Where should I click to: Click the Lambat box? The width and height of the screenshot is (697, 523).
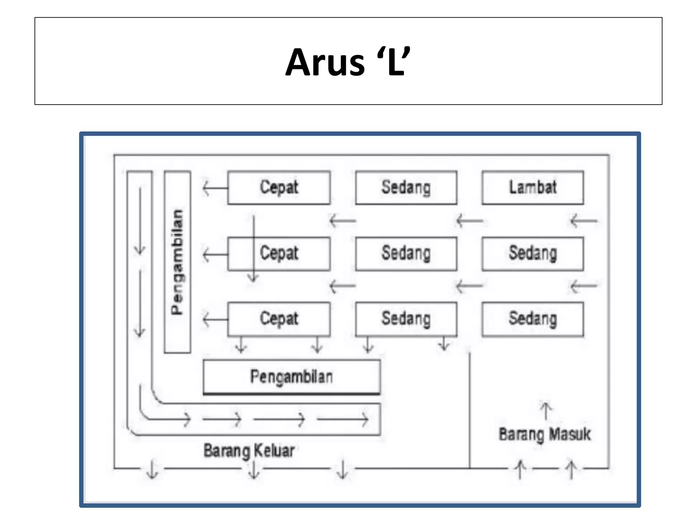point(533,188)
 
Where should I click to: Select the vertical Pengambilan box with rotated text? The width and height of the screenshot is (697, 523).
point(177,262)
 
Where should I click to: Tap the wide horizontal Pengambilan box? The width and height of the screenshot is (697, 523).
point(292,377)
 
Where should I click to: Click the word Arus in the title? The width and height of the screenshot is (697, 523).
point(325,63)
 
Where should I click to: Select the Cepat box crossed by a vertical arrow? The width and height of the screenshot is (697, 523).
point(279,254)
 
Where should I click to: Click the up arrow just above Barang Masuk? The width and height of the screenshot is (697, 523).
point(546,411)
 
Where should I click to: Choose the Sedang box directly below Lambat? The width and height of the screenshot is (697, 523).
point(533,254)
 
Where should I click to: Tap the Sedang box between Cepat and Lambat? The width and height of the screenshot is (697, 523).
point(406,188)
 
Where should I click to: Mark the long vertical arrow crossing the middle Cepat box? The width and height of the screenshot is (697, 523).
point(253,249)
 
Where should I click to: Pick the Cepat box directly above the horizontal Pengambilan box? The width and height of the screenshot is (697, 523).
point(279,319)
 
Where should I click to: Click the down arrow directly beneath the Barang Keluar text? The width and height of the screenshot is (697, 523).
point(254,470)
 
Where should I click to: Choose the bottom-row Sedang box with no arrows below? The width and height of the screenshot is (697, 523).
point(533,319)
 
